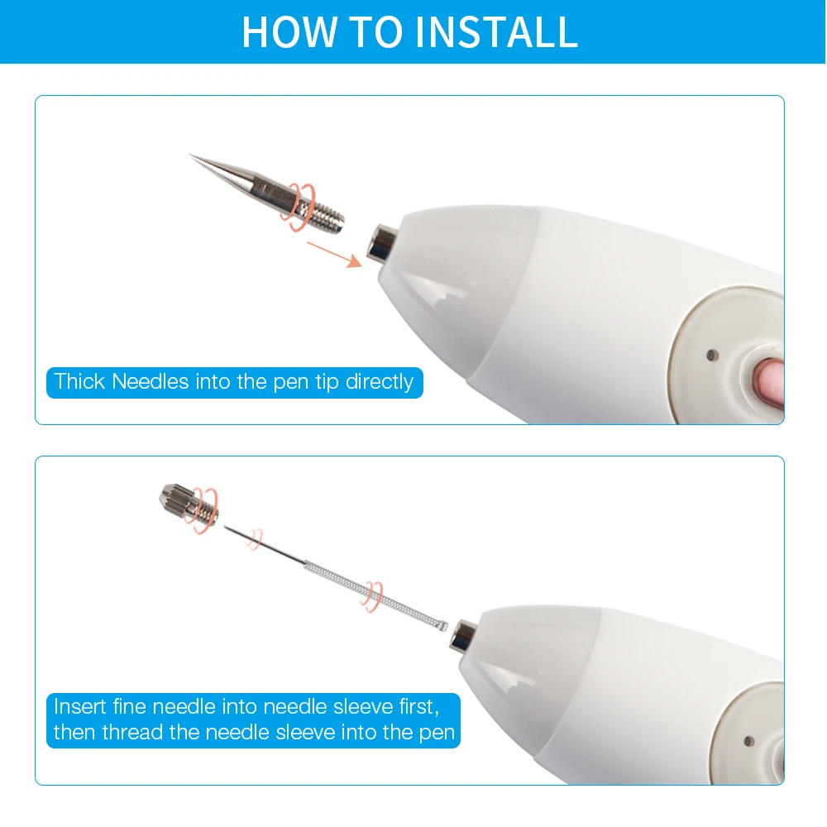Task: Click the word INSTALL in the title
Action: [496, 31]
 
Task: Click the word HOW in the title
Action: [280, 31]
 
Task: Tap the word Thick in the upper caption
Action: [79, 382]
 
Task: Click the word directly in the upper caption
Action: [380, 382]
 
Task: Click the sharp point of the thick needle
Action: [192, 155]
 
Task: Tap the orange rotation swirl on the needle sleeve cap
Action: [205, 509]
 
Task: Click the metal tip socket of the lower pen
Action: [464, 632]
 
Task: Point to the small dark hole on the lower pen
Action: [748, 740]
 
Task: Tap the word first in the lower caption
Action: [417, 707]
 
